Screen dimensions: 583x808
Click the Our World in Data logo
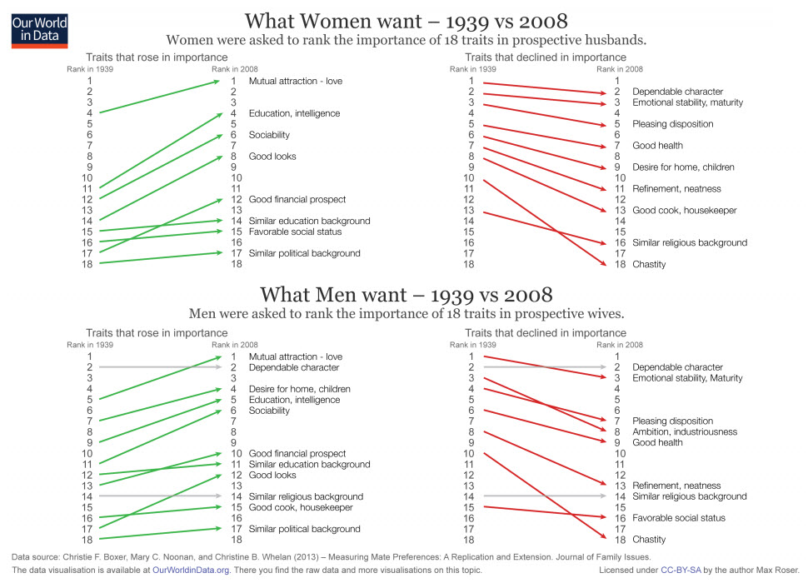tap(39, 29)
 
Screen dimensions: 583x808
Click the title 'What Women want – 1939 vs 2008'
tap(406, 20)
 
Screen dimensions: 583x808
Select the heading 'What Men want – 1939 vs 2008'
tap(406, 295)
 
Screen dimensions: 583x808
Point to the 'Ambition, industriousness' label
tap(685, 432)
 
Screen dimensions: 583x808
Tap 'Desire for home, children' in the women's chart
tap(683, 167)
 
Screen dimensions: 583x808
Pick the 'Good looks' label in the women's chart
tap(272, 157)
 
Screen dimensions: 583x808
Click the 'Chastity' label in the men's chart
tap(649, 540)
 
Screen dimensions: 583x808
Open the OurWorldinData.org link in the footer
tap(190, 571)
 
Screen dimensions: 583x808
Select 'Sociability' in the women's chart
tap(269, 135)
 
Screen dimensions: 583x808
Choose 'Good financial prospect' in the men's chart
tap(297, 454)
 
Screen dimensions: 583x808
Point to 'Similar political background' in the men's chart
tap(304, 529)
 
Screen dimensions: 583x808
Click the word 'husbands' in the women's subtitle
tap(617, 40)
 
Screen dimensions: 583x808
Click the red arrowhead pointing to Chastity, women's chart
tap(604, 263)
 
